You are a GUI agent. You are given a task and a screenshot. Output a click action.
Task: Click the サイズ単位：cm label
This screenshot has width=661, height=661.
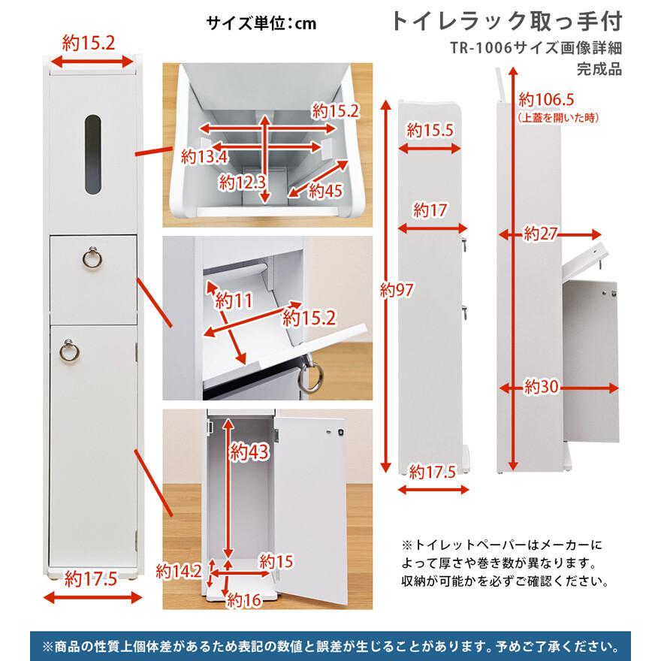pos(261,23)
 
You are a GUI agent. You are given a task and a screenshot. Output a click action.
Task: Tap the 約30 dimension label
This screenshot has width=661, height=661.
pos(542,387)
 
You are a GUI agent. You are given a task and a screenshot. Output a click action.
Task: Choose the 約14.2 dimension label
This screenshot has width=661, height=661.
pos(181,570)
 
